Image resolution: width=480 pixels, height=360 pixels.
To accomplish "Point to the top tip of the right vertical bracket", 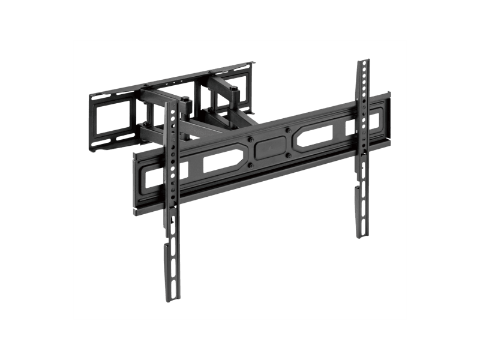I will click(x=364, y=61).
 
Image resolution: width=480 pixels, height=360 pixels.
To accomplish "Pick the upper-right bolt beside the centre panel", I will click(x=287, y=130).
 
